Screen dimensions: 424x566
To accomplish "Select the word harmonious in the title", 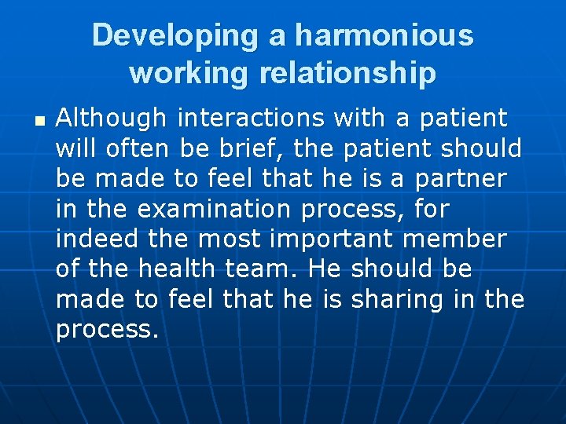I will click(x=384, y=36).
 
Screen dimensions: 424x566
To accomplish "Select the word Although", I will click(x=112, y=119).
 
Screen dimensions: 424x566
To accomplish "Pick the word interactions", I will click(x=251, y=119).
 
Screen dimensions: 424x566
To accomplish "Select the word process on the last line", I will click(x=106, y=330).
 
